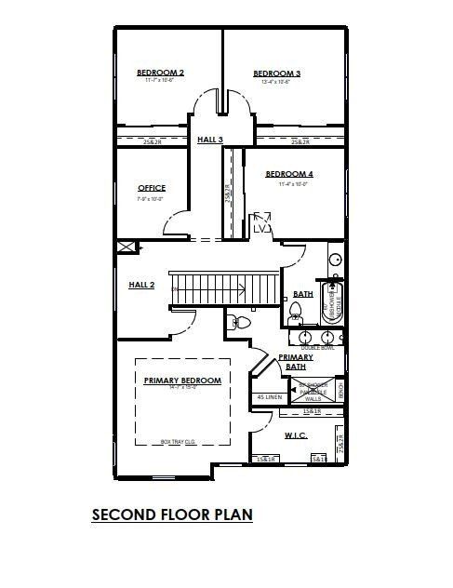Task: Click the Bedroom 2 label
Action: coord(160,73)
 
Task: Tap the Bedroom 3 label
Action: coord(276,73)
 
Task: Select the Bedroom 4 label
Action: coord(289,174)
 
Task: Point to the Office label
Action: coord(152,188)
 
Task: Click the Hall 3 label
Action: coord(210,140)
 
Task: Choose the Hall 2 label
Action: coord(141,285)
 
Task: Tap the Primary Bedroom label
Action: coord(182,381)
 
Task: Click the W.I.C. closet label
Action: coord(295,434)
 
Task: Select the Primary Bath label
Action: coord(296,361)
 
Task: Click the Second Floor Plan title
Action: coord(172,514)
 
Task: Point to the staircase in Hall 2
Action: coord(224,287)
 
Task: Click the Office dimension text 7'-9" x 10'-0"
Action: coord(151,198)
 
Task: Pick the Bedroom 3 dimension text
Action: coord(276,83)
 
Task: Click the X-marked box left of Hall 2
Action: coord(127,247)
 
